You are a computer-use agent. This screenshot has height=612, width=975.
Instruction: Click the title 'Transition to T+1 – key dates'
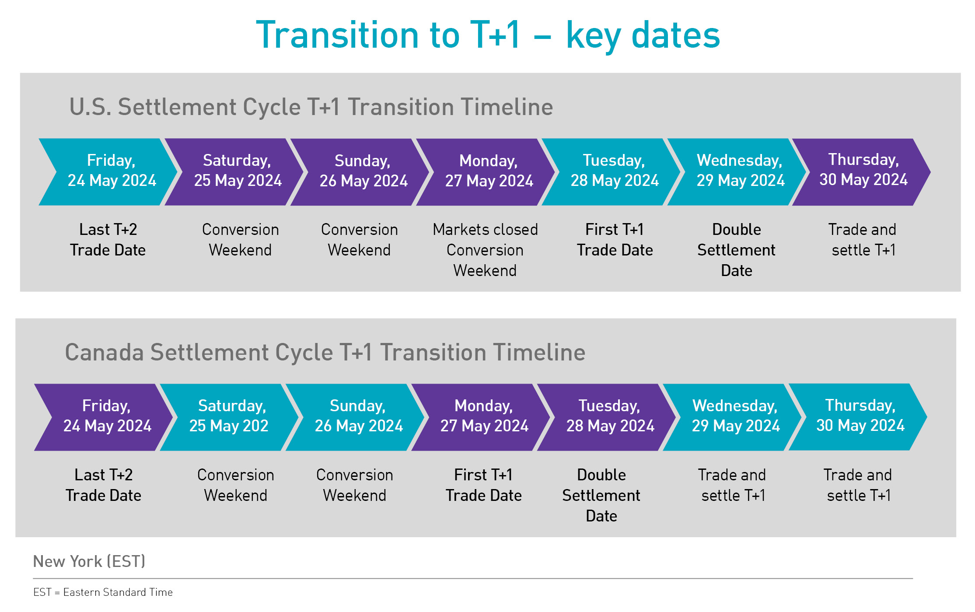[x=488, y=35]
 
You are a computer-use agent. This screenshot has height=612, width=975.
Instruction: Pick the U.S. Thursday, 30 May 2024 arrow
[x=861, y=172]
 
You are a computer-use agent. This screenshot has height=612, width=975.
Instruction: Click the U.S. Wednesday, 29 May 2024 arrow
[x=737, y=172]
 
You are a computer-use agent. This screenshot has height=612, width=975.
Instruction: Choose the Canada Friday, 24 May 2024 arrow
[x=104, y=417]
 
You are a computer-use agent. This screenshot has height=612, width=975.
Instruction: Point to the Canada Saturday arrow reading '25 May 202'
[x=229, y=417]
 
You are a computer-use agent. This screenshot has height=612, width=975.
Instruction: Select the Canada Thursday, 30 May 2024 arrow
[x=858, y=417]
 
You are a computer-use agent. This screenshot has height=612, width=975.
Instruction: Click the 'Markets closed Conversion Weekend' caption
[x=485, y=250]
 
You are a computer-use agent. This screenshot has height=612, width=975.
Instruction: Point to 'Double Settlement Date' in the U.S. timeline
[x=737, y=250]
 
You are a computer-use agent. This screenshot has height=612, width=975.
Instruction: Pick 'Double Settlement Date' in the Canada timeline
[x=601, y=495]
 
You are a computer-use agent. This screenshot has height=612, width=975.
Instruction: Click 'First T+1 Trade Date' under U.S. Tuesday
[x=615, y=240]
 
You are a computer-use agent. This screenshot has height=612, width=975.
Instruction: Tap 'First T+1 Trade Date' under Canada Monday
[x=483, y=485]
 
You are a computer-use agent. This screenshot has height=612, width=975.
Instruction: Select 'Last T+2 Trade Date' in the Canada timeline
[x=103, y=485]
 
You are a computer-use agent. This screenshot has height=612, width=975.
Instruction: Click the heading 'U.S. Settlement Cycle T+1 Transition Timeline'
[x=311, y=107]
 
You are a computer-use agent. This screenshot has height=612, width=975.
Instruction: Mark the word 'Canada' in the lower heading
[x=104, y=353]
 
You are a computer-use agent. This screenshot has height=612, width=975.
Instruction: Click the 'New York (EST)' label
[x=89, y=561]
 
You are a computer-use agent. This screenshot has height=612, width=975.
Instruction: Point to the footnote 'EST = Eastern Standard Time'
[x=103, y=592]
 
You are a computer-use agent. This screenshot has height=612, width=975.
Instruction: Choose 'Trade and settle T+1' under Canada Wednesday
[x=732, y=485]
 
